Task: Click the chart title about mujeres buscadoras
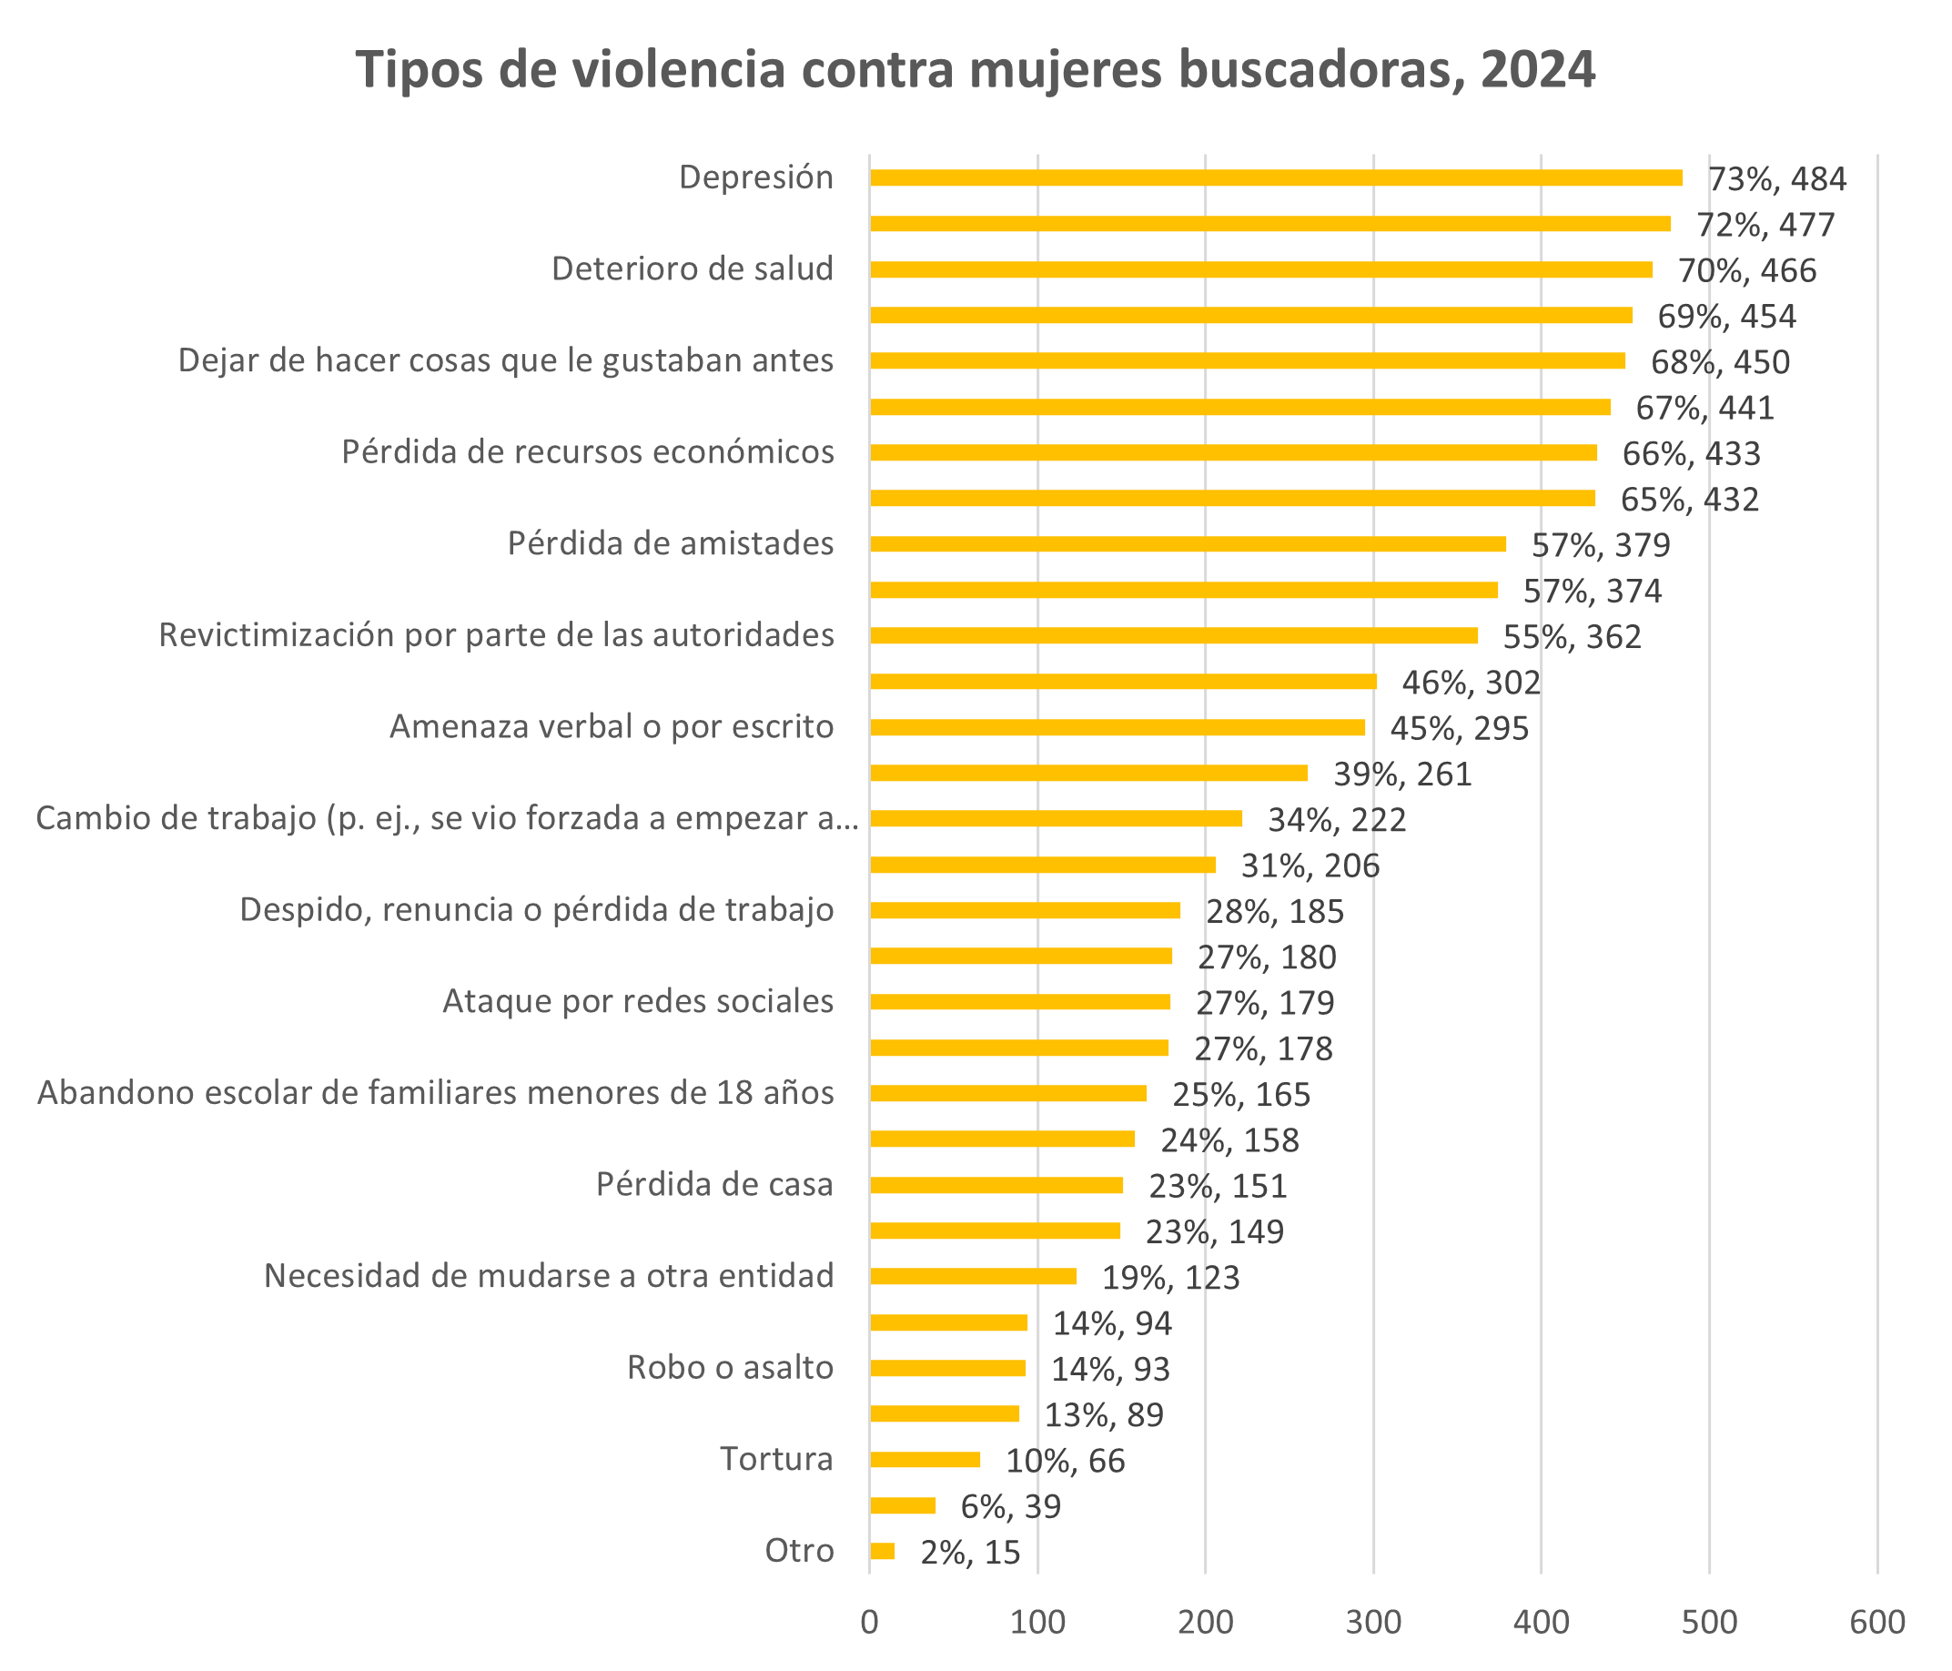[x=976, y=71]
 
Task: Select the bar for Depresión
[x=1276, y=178]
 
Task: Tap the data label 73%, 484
[x=1776, y=179]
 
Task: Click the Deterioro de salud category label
[x=693, y=269]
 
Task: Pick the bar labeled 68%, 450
[x=1248, y=360]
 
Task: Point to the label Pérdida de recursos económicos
[x=588, y=452]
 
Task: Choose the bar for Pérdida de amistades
[x=1187, y=543]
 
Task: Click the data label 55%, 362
[x=1572, y=637]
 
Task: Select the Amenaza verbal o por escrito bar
[x=1118, y=727]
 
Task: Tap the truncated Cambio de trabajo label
[x=447, y=818]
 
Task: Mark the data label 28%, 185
[x=1275, y=912]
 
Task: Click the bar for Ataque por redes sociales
[x=1019, y=1001]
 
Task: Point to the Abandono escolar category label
[x=435, y=1093]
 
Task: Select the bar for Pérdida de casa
[x=996, y=1185]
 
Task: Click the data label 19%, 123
[x=1171, y=1278]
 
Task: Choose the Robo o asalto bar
[x=947, y=1368]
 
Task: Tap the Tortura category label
[x=777, y=1459]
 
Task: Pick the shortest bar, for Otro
[x=882, y=1551]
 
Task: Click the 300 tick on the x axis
[x=1372, y=1621]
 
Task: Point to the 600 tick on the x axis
[x=1876, y=1621]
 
